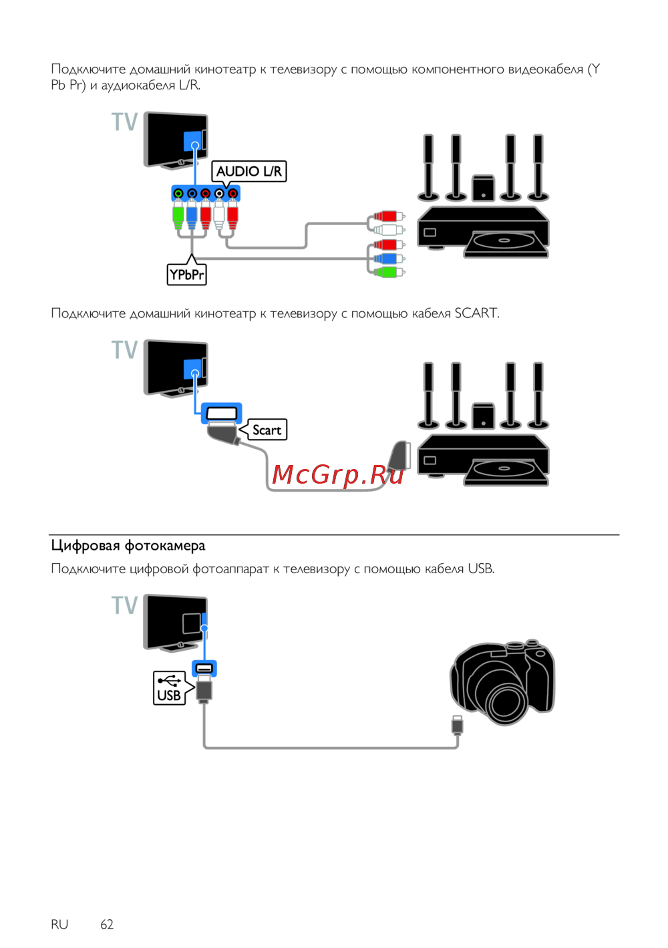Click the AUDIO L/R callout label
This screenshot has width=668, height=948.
248,172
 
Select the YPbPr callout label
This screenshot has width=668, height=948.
186,275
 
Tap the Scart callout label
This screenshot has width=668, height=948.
267,430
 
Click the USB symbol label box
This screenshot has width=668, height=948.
169,688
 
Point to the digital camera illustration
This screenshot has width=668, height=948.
503,681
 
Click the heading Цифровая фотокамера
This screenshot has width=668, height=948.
128,546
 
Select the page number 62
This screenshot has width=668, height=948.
107,924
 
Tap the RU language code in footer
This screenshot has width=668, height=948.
59,924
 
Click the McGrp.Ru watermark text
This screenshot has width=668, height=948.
338,474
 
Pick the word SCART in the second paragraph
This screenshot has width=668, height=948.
476,313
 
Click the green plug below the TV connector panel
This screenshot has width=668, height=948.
178,216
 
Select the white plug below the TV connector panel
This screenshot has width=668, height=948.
218,216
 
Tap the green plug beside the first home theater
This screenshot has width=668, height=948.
387,272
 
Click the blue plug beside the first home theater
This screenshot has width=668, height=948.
387,259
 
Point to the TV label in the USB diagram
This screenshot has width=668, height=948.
125,605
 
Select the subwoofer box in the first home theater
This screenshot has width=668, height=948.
483,189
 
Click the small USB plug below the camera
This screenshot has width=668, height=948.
457,724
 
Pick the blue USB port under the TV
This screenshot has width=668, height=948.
204,668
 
